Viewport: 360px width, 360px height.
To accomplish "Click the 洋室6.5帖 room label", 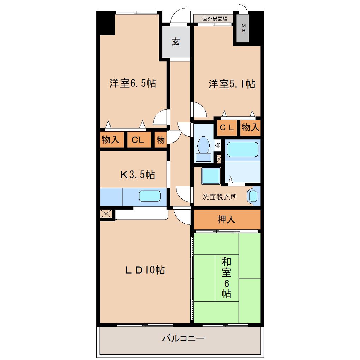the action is click(x=133, y=83).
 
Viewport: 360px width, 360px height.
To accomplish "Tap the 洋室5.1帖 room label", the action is click(x=232, y=84).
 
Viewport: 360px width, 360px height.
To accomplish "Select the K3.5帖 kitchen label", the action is click(x=138, y=174).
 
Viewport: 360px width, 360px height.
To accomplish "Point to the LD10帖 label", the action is click(x=145, y=270).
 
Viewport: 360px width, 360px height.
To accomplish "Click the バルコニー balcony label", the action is click(x=183, y=338).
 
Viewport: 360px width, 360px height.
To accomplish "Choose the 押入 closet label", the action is click(x=226, y=220).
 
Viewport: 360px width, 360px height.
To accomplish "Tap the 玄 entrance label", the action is click(x=176, y=42).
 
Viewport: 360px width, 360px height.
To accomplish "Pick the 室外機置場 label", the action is click(x=215, y=19).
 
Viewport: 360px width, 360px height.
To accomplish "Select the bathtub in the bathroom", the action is click(x=242, y=149).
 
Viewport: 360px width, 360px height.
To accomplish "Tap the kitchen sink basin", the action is click(x=150, y=196).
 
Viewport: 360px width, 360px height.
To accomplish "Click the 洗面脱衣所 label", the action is click(x=220, y=197).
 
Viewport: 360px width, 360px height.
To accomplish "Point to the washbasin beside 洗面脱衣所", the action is click(x=253, y=197).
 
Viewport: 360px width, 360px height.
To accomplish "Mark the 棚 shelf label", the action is click(x=218, y=145).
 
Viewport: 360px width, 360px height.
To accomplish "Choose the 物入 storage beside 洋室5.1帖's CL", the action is click(x=251, y=127).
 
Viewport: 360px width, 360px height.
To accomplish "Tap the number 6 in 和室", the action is click(x=226, y=283).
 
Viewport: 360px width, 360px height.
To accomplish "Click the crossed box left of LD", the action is click(x=106, y=214).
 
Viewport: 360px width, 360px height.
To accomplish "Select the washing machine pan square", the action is click(x=211, y=176).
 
